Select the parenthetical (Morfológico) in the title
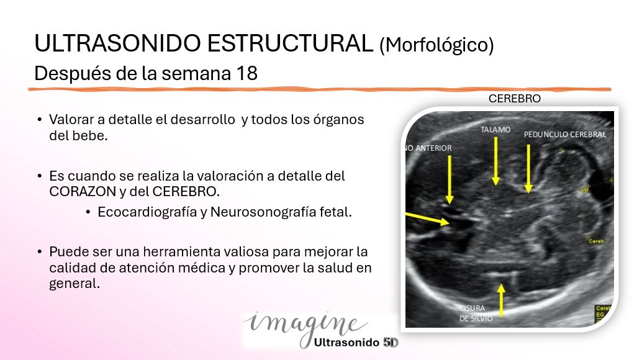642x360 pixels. pos(436,45)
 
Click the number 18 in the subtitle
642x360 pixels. pos(247,73)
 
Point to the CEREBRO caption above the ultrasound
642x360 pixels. pos(515,99)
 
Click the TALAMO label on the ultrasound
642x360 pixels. pos(495,130)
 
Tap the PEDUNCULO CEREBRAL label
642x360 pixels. pos(564,134)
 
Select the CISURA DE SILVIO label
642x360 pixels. pos(476,313)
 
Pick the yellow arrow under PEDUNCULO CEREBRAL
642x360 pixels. pos(528,168)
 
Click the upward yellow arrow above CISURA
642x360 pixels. pos(502,298)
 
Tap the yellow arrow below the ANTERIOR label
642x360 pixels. pos(450,180)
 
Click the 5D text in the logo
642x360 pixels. pos(391,341)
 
